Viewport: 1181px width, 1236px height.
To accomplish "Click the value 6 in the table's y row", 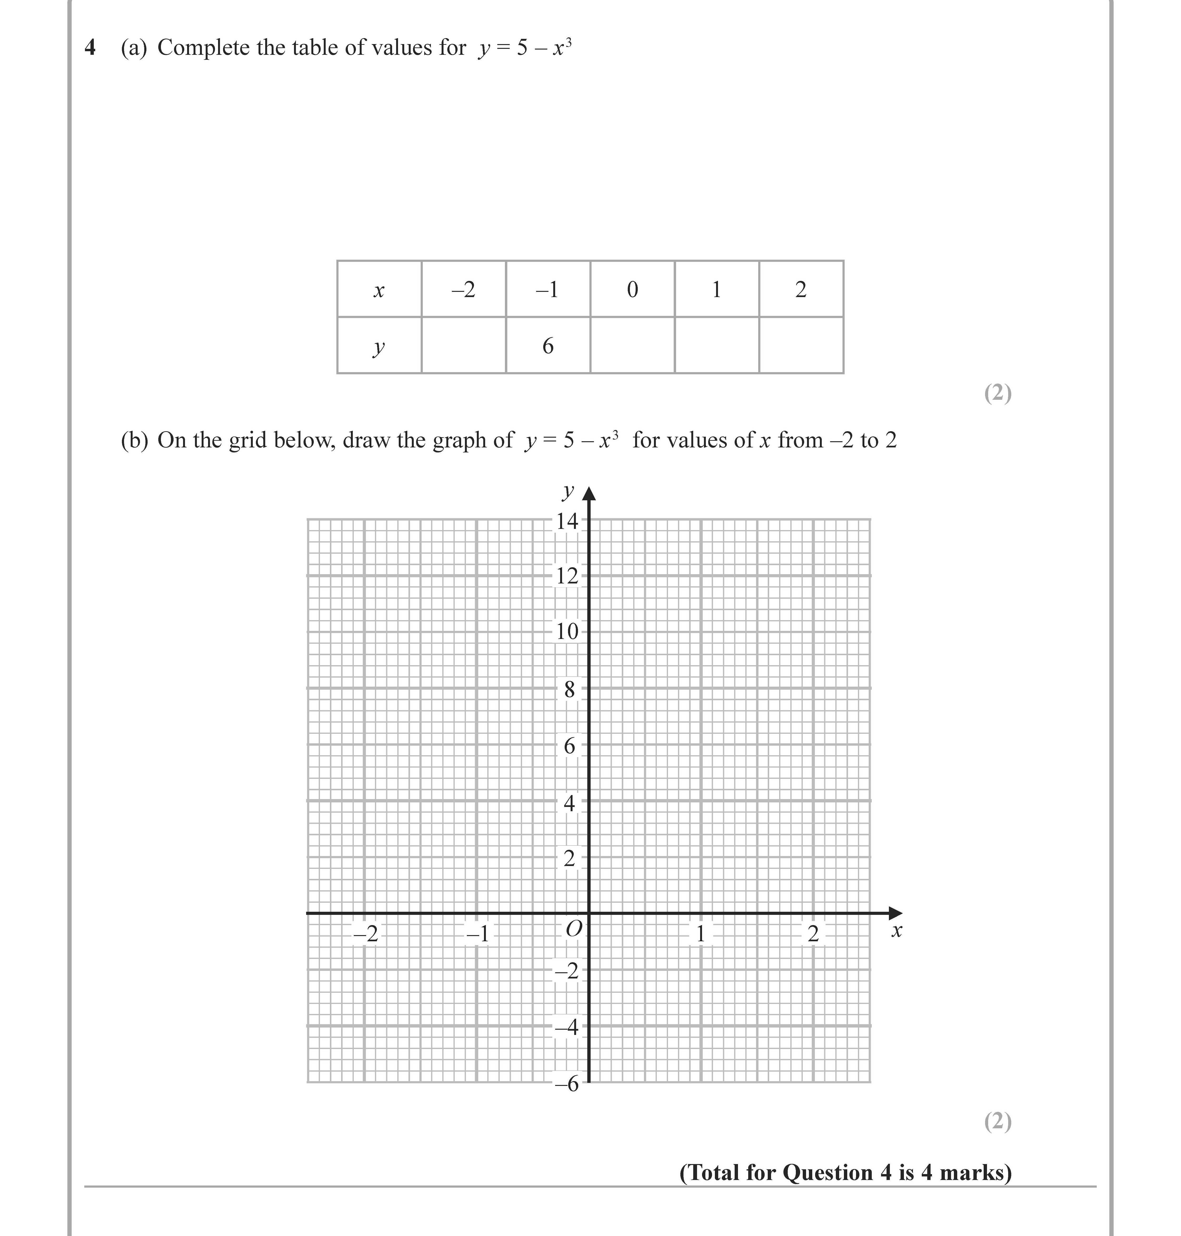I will click(x=548, y=346).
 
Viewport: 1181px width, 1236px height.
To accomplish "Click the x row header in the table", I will click(x=379, y=290).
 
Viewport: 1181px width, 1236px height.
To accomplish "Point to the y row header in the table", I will click(x=379, y=346).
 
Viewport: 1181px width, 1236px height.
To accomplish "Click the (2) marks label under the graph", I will click(x=998, y=1121).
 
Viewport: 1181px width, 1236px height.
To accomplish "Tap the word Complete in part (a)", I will click(x=203, y=48).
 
